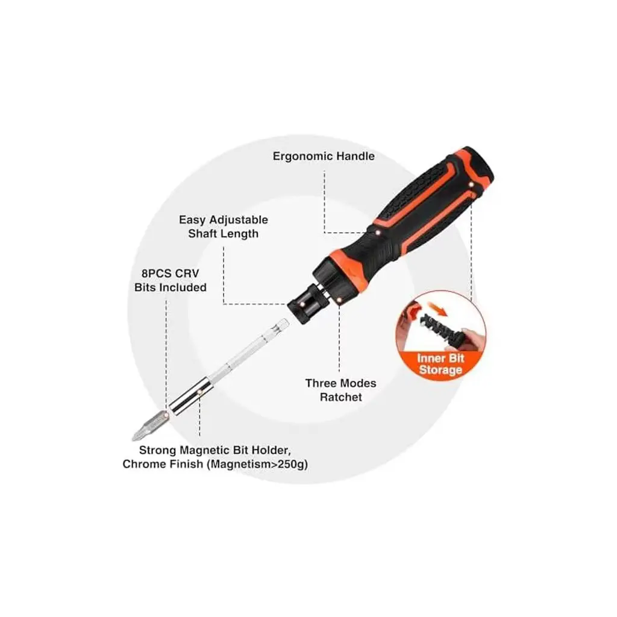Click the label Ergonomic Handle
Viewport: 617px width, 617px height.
pyautogui.click(x=324, y=156)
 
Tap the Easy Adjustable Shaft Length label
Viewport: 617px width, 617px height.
pyautogui.click(x=224, y=227)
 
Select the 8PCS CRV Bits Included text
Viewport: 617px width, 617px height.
pyautogui.click(x=171, y=280)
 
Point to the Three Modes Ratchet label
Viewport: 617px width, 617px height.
pyautogui.click(x=341, y=390)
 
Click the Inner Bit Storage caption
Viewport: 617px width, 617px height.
pyautogui.click(x=440, y=364)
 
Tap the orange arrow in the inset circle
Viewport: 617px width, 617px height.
pyautogui.click(x=437, y=308)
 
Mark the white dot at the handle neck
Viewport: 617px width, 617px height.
pyautogui.click(x=378, y=233)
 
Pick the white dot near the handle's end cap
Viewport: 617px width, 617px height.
pyautogui.click(x=471, y=184)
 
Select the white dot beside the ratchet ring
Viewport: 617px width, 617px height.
pyautogui.click(x=339, y=300)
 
